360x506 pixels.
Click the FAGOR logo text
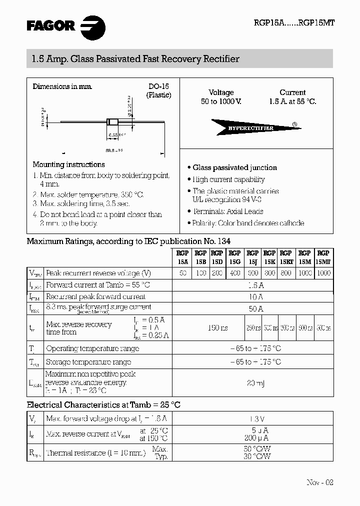click(x=50, y=25)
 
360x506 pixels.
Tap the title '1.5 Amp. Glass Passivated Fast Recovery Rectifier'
click(x=132, y=59)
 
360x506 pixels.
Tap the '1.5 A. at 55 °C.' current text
click(x=292, y=101)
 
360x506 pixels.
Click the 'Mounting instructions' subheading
click(x=68, y=164)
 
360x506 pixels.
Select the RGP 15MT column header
click(x=323, y=257)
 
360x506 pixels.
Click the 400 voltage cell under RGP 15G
click(x=234, y=273)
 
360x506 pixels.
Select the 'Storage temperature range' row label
click(x=88, y=361)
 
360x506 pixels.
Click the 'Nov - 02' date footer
click(x=319, y=482)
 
